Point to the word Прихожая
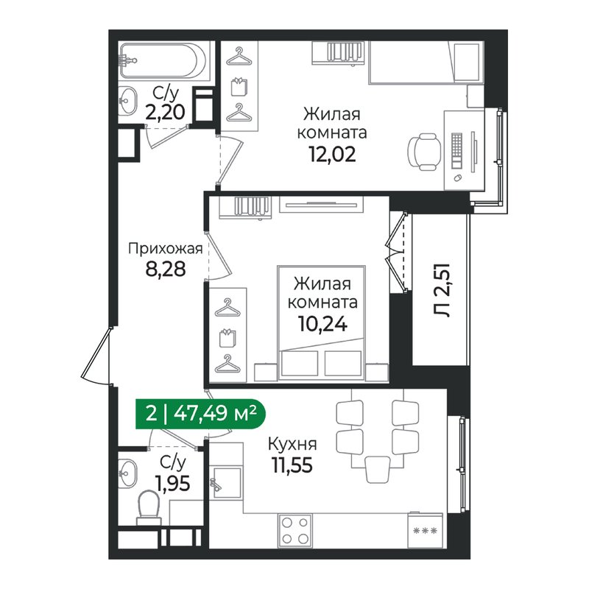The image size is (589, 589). (165, 248)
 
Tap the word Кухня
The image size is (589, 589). (292, 445)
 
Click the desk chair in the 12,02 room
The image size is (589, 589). (423, 150)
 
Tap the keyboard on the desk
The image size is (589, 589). (456, 150)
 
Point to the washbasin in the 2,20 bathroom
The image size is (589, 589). (130, 99)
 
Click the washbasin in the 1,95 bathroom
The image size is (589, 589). (130, 470)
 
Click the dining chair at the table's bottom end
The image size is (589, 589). (377, 466)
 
